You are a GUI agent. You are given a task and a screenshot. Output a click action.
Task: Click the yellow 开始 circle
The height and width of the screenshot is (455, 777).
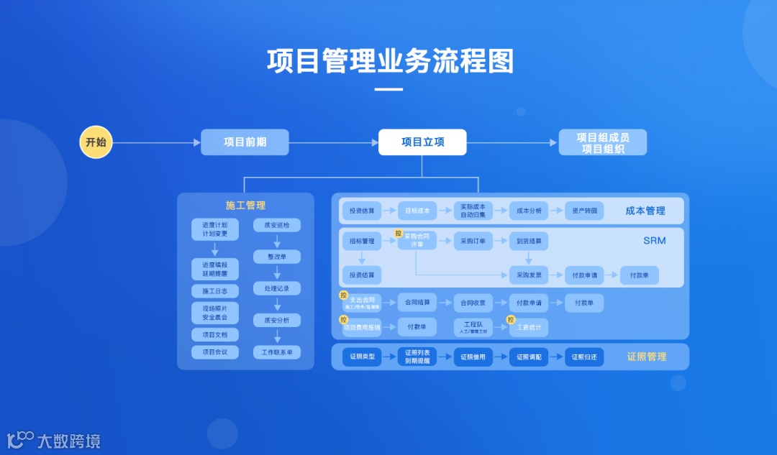coord(96,142)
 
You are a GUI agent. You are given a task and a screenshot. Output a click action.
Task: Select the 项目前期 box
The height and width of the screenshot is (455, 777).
coord(245,142)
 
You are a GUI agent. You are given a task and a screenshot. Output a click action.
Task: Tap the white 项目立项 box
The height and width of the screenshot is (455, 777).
coord(422,142)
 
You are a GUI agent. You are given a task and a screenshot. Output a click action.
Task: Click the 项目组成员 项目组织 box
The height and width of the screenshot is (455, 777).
coord(602,142)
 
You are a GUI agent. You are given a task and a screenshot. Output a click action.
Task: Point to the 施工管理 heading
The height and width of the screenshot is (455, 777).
coord(245,206)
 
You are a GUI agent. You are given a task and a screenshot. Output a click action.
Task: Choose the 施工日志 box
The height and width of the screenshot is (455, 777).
coord(215,291)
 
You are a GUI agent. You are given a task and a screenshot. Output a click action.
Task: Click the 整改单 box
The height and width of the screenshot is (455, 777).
coord(277,257)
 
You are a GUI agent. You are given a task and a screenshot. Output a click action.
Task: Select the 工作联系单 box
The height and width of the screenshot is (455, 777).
coord(277,352)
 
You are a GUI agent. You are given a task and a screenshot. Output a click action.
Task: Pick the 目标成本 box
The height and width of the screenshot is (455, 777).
coord(417,211)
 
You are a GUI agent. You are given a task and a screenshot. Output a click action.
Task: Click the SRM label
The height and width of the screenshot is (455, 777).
coord(654,241)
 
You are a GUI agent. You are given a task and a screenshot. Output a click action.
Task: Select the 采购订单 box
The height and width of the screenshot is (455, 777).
coord(473,241)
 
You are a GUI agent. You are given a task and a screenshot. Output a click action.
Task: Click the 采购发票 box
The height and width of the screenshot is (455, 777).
coord(529,275)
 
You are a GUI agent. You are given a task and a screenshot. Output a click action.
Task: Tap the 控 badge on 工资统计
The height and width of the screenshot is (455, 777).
coord(511,320)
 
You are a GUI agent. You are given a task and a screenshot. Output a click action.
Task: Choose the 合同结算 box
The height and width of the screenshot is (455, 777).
coord(417,303)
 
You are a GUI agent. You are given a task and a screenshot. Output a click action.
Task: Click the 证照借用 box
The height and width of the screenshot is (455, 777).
coord(473,357)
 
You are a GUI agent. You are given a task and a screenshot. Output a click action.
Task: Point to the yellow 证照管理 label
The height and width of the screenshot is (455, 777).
coord(646,357)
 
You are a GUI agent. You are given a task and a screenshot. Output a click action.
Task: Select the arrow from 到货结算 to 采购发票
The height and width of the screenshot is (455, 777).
coord(529,257)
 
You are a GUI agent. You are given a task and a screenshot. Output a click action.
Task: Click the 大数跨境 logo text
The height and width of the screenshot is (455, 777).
coord(69,441)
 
